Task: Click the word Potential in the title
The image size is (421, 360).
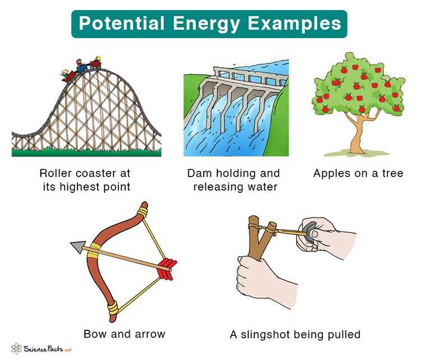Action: pos(115,24)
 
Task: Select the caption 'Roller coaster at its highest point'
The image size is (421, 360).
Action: pos(86,180)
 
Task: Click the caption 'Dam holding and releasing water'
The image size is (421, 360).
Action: pos(234,180)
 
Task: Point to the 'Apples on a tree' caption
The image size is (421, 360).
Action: pos(358,173)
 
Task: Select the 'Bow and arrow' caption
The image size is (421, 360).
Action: pos(125,334)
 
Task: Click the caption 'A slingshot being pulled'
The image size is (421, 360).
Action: pos(295,334)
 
